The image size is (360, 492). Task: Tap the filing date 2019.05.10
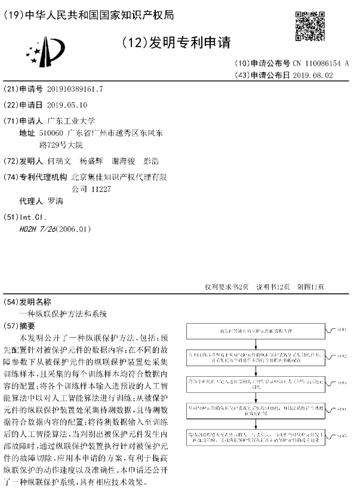pyautogui.click(x=66, y=104)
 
